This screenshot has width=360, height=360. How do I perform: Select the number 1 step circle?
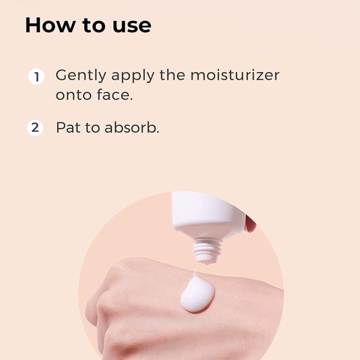coord(35,76)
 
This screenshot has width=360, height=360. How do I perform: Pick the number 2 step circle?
coord(35,128)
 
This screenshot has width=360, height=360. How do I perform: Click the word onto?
coord(74,96)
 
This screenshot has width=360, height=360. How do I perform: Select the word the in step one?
coord(172,75)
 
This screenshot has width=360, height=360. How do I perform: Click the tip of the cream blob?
coord(194,275)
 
